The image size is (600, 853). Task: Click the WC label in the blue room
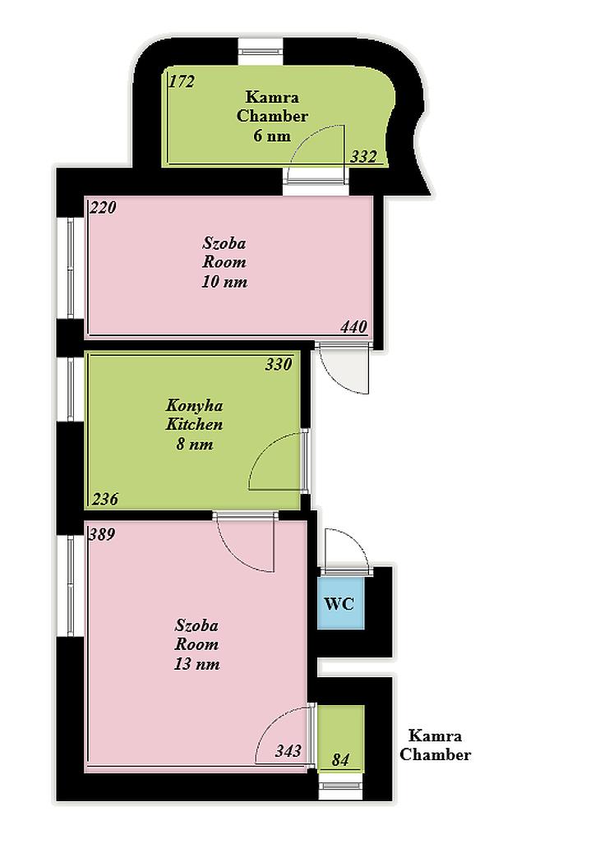[x=339, y=603]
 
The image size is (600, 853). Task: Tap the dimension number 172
[x=182, y=81]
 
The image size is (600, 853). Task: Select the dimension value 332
[x=363, y=157]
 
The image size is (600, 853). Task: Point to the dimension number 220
[x=104, y=207]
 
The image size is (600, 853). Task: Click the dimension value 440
[x=354, y=327]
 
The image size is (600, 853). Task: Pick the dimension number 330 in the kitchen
[x=279, y=364]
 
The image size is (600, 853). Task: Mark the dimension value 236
[x=104, y=499]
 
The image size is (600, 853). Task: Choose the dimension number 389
[x=102, y=534]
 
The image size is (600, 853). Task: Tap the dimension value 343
[x=288, y=751]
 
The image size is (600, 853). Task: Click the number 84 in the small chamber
[x=340, y=759]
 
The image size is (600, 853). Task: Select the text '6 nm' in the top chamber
[x=272, y=136]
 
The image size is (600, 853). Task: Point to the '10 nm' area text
[x=224, y=282]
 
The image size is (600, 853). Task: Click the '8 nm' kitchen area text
[x=195, y=444]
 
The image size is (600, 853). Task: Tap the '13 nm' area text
[x=197, y=664]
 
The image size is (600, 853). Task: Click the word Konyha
[x=194, y=406]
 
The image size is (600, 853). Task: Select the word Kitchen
[x=194, y=424]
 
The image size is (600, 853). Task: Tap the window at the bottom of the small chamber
[x=340, y=785]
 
